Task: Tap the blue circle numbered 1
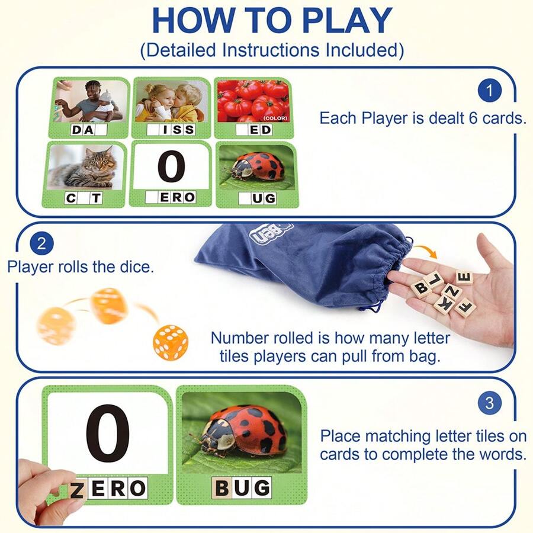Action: [x=489, y=91]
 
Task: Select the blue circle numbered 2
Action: [x=41, y=243]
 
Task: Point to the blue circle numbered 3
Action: [x=489, y=404]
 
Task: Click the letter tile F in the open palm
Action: [x=465, y=307]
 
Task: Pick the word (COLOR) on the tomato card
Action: [x=275, y=118]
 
